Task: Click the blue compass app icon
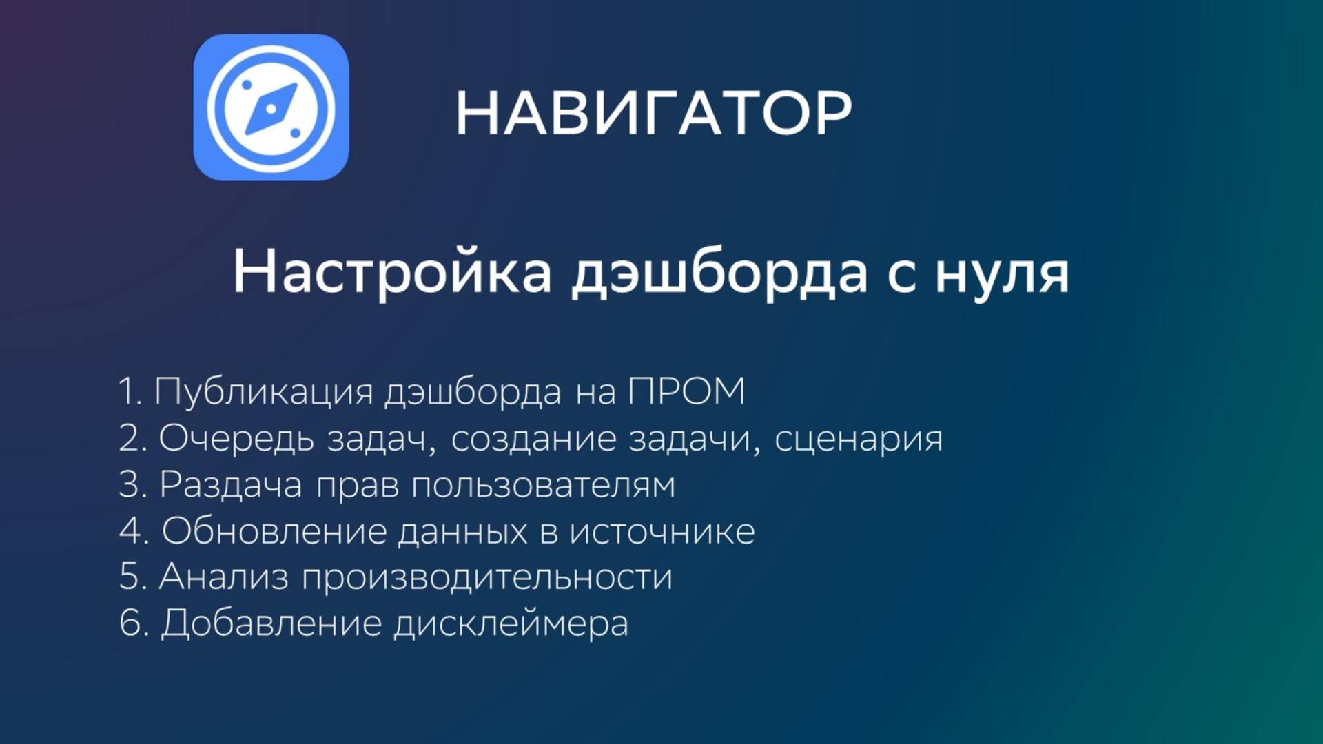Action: (271, 108)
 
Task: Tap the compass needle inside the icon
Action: (271, 109)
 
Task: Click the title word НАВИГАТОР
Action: (653, 114)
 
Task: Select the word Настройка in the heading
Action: (392, 272)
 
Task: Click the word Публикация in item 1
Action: (263, 392)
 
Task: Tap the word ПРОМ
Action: (686, 391)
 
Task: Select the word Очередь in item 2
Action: (236, 439)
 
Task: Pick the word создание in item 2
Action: (533, 438)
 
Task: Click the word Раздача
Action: (230, 485)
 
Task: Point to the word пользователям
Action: (543, 486)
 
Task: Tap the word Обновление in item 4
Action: (273, 531)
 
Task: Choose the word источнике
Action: (662, 531)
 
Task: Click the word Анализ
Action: (223, 577)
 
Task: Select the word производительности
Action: (486, 577)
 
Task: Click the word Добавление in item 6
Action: (271, 623)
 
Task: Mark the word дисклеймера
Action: (511, 624)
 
